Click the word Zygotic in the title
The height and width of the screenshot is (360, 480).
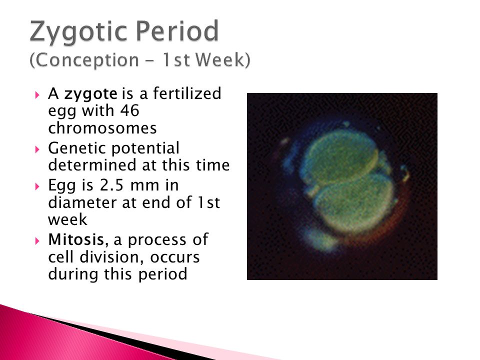[78, 31]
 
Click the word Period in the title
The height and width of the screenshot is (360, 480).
[177, 30]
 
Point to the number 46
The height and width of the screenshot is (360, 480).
[129, 110]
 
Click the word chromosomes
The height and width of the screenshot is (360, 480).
[102, 127]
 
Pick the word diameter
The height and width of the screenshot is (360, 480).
[82, 202]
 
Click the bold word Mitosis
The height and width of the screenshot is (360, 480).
[78, 239]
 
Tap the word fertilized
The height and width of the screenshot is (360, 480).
[187, 93]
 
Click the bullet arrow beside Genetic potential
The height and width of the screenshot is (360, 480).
[37, 149]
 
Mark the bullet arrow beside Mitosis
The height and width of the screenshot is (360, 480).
[37, 240]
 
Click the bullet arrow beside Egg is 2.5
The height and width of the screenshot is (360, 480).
[37, 186]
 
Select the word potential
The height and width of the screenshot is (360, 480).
[145, 149]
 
